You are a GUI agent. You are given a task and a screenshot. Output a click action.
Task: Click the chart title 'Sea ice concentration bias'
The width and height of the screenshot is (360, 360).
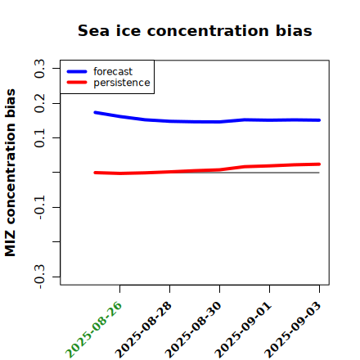pyautogui.click(x=195, y=30)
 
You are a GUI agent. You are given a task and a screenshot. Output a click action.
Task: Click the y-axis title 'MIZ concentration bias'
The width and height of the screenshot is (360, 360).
pyautogui.click(x=11, y=173)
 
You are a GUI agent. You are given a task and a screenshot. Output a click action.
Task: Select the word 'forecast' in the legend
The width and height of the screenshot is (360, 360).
pyautogui.click(x=113, y=71)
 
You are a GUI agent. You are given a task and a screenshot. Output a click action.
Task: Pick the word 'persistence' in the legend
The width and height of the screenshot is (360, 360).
pyautogui.click(x=122, y=83)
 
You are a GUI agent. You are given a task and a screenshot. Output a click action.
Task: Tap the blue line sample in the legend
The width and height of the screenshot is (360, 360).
pyautogui.click(x=77, y=71)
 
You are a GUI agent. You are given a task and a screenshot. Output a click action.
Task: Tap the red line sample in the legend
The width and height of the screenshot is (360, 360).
pyautogui.click(x=77, y=83)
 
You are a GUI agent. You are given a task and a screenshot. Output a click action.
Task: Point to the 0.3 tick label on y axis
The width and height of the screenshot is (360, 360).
pyautogui.click(x=39, y=69)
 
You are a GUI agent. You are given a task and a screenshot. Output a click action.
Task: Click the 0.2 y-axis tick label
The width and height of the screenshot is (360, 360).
pyautogui.click(x=39, y=103)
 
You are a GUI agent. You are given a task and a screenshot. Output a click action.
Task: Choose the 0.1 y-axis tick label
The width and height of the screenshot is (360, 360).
pyautogui.click(x=39, y=137)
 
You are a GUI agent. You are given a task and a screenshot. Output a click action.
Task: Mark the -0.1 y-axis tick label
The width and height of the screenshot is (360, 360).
pyautogui.click(x=39, y=207)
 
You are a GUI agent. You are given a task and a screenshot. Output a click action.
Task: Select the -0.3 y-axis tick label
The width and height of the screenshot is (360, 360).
pyautogui.click(x=39, y=277)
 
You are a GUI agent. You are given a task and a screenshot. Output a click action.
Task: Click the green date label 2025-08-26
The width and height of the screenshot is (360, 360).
pyautogui.click(x=93, y=330)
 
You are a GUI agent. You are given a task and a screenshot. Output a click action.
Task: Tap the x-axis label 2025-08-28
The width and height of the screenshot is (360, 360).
pyautogui.click(x=143, y=330)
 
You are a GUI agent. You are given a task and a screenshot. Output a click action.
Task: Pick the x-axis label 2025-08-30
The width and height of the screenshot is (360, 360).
pyautogui.click(x=193, y=330)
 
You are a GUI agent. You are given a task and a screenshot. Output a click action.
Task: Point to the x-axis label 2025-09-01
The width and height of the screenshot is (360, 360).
pyautogui.click(x=243, y=330)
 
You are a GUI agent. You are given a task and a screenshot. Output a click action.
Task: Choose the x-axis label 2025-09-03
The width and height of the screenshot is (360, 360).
pyautogui.click(x=293, y=330)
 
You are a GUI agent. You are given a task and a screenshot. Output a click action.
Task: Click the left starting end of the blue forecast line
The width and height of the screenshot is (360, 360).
pyautogui.click(x=95, y=112)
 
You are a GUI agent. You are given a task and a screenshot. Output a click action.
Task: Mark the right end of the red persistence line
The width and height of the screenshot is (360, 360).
pyautogui.click(x=319, y=164)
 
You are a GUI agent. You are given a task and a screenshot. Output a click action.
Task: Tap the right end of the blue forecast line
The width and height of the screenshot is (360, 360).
pyautogui.click(x=319, y=120)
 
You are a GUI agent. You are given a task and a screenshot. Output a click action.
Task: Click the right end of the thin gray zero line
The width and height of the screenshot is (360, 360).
pyautogui.click(x=319, y=173)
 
